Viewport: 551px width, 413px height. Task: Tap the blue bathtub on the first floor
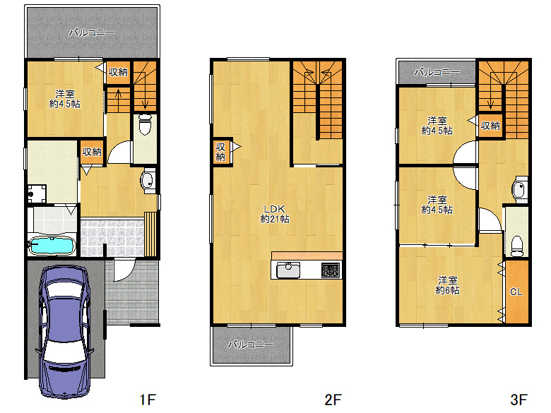[x=52, y=246]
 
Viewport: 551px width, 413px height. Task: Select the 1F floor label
[x=148, y=400]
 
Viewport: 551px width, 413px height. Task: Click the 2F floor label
[x=333, y=400]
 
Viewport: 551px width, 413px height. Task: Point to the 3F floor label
[x=519, y=400]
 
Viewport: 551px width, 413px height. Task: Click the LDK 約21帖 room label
[x=275, y=214]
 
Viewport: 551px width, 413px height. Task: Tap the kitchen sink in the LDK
[x=288, y=270]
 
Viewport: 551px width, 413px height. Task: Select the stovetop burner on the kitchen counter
[x=331, y=270]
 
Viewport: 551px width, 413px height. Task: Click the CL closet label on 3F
[x=516, y=292]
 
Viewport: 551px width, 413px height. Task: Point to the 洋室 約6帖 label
[x=447, y=285]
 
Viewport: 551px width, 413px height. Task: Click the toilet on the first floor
[x=144, y=124]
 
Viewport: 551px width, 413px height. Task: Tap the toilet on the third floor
[x=516, y=246]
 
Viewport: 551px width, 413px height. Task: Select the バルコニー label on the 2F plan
[x=251, y=345]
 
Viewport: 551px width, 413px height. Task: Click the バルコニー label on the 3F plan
[x=437, y=72]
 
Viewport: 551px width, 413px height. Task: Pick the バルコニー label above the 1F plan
[x=92, y=32]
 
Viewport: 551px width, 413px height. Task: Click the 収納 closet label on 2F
[x=220, y=152]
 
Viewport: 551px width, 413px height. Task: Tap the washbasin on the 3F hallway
[x=519, y=190]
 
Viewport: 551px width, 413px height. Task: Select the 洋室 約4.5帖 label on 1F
[x=65, y=99]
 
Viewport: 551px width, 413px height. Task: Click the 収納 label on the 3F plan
[x=490, y=126]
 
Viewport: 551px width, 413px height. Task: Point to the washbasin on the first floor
[x=148, y=181]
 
